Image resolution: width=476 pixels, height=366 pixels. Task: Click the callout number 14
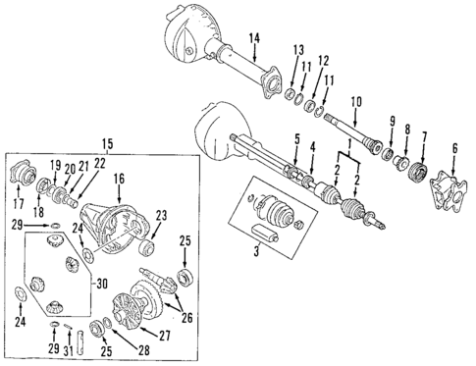tap(253, 38)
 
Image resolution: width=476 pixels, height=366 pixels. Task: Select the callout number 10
tap(356, 102)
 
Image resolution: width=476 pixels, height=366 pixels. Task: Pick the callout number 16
tap(119, 181)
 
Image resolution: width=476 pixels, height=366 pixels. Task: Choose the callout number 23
tap(161, 215)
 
